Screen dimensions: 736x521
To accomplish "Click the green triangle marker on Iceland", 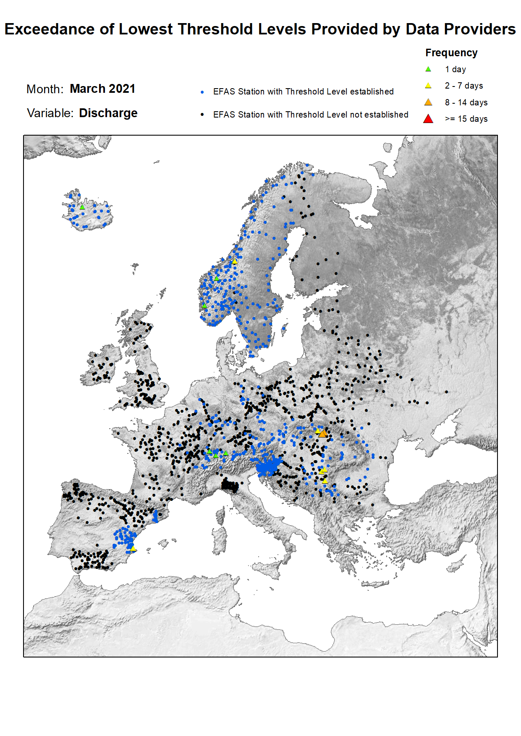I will tap(82, 207).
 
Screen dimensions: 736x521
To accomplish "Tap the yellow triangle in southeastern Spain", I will tap(133, 548).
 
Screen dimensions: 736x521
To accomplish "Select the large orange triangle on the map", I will tap(322, 433).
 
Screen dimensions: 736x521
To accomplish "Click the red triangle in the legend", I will tap(428, 119).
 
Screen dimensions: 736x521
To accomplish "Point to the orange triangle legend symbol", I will tap(428, 102).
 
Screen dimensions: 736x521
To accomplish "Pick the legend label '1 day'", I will tap(456, 69).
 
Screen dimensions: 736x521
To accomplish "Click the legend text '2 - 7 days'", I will tap(464, 86).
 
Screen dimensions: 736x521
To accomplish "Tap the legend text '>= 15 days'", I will tap(466, 119).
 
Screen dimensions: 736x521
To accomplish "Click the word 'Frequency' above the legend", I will tap(451, 53).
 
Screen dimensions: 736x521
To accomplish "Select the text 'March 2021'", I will tap(102, 89).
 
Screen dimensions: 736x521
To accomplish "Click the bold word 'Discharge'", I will tap(108, 113).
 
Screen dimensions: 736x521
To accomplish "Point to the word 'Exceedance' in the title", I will tap(50, 29).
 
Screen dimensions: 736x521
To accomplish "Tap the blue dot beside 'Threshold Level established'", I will tap(202, 92).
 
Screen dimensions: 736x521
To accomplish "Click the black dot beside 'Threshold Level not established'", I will tap(202, 115).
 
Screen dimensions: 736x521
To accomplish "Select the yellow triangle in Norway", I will tap(235, 262).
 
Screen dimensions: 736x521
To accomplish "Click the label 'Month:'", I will tap(45, 89).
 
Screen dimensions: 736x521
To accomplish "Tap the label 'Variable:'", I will tap(50, 113).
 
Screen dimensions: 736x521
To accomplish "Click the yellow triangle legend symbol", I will tap(428, 86).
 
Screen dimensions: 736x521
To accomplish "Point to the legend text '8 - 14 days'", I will tap(466, 102).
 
